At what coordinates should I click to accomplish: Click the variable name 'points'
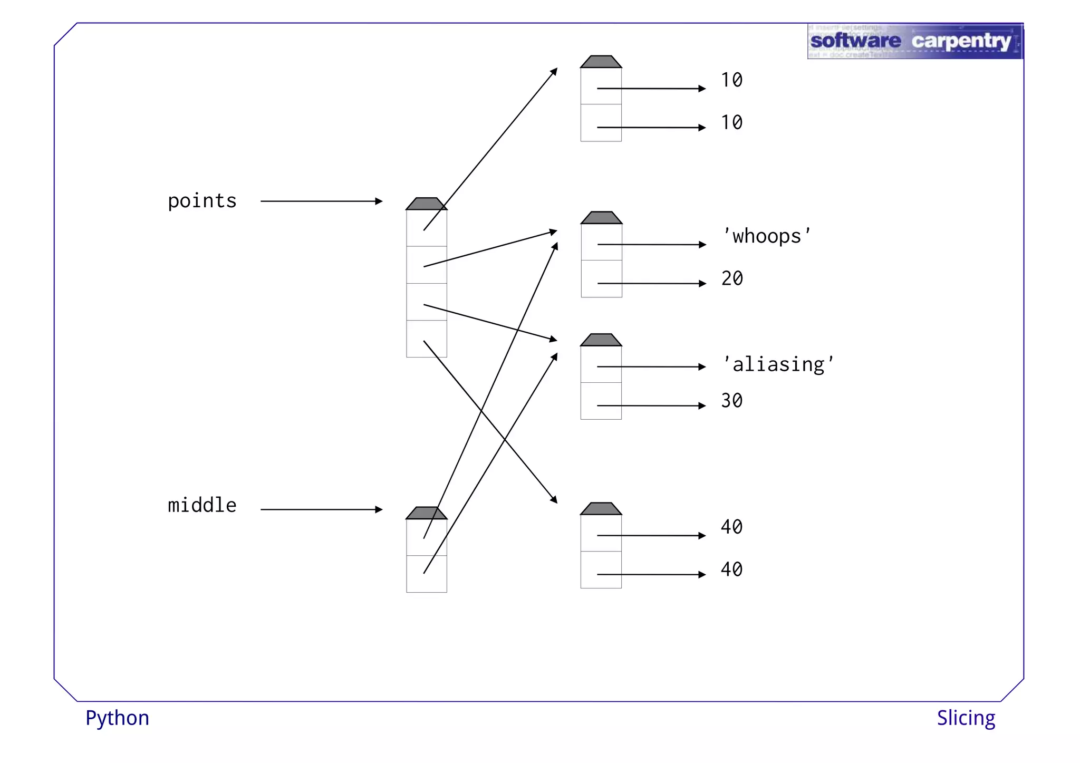202,201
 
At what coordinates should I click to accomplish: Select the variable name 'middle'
202,505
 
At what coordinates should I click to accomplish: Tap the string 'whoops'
767,236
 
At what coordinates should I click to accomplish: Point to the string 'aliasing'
778,364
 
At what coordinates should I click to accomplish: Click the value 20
732,278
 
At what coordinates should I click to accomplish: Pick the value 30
732,401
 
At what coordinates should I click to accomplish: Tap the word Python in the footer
117,718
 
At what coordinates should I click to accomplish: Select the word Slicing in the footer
966,718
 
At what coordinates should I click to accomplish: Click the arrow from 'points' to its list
321,201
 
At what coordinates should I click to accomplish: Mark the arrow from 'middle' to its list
321,509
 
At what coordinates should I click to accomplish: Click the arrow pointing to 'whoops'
651,245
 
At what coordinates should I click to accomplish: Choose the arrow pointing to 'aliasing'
651,366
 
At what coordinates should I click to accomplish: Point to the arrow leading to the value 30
651,405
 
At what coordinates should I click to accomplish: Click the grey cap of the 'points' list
426,204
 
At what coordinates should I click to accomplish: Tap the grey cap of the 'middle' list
426,513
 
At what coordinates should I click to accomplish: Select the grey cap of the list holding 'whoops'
601,218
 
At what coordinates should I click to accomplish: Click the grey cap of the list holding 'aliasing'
601,340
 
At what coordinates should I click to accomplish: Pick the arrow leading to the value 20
651,284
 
